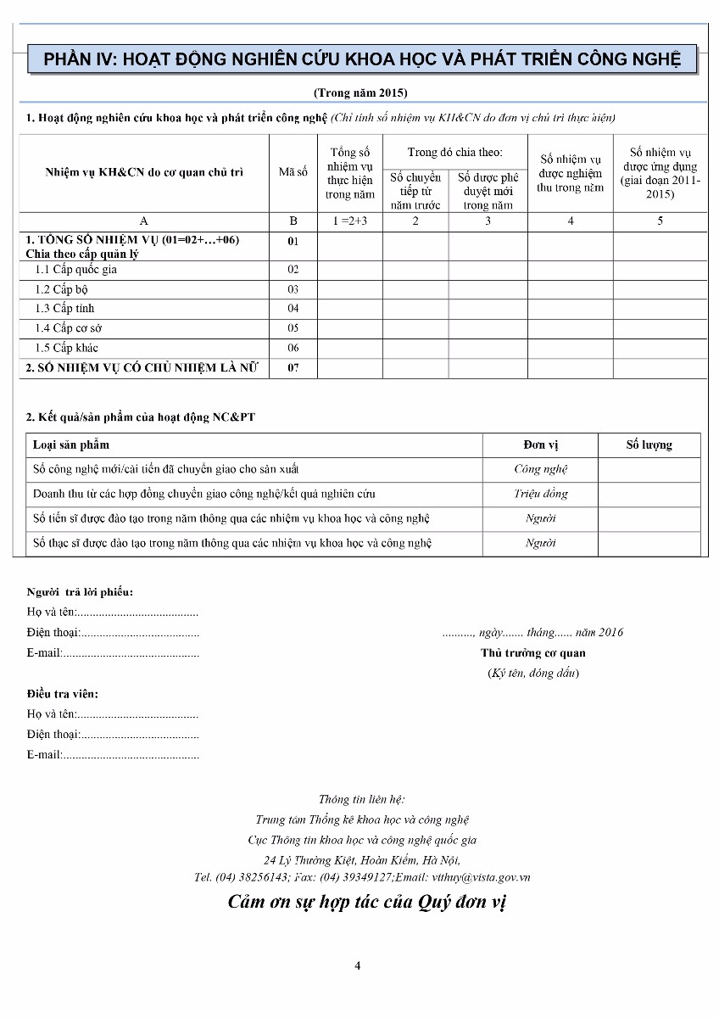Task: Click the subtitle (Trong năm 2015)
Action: pos(361,92)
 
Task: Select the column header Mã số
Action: pos(293,172)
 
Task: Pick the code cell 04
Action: pos(293,309)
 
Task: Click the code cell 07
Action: pos(293,368)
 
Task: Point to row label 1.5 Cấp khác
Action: pos(67,348)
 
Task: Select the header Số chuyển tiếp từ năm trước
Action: pos(415,191)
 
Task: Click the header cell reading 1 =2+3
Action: pos(350,221)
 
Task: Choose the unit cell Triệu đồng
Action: pos(540,494)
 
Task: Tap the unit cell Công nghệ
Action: pos(540,469)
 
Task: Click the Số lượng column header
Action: pos(649,445)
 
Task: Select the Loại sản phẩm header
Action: pos(71,445)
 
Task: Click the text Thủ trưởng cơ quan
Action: pos(532,653)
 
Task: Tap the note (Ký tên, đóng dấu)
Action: pos(532,674)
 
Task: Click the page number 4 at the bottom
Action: pos(358,965)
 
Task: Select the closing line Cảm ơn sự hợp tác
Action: pos(367,902)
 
